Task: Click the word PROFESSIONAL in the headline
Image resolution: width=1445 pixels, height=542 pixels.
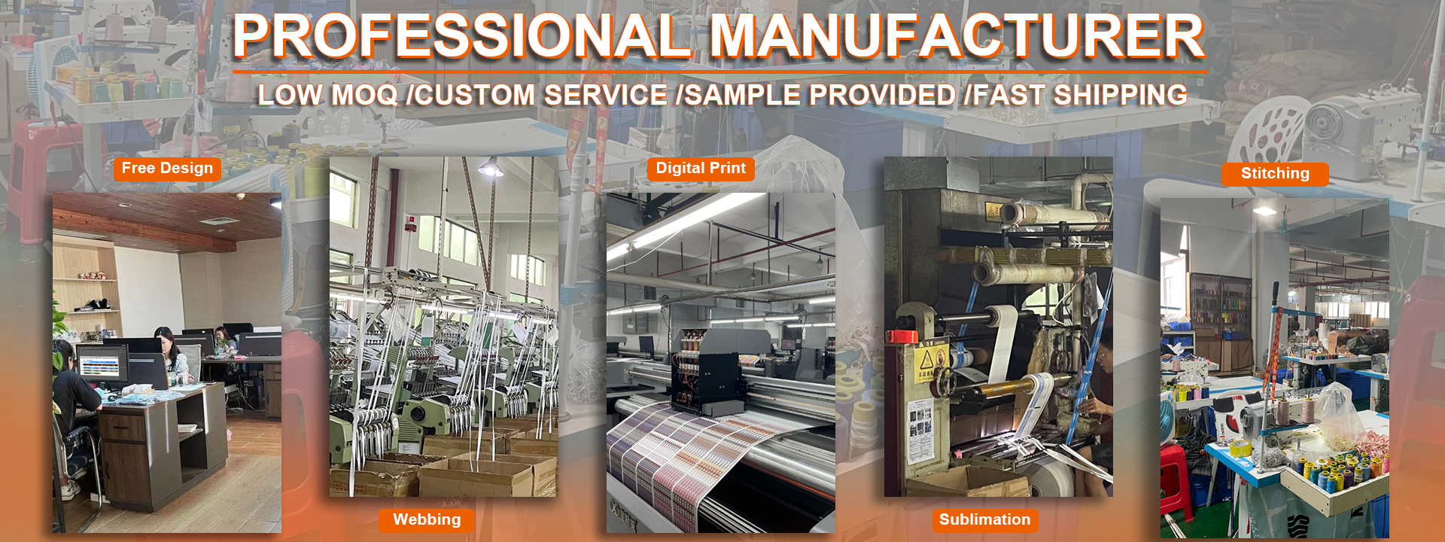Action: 462,36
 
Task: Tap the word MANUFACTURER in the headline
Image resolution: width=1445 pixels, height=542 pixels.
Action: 958,36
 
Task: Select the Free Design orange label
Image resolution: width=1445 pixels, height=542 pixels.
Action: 167,169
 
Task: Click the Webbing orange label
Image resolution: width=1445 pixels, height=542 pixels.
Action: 427,520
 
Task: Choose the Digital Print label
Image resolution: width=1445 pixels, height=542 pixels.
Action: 701,169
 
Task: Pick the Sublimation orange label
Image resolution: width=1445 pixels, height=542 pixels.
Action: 985,520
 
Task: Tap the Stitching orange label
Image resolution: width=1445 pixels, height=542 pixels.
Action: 1275,174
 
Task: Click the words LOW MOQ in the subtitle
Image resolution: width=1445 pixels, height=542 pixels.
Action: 327,96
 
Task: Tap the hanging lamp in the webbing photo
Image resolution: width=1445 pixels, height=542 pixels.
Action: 490,167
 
